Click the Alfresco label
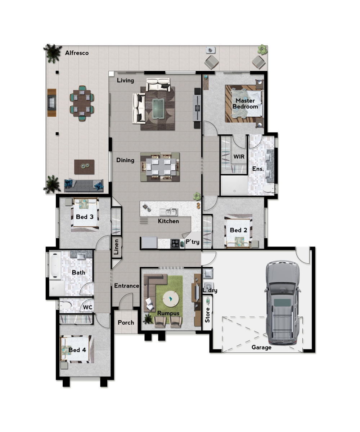click(x=77, y=53)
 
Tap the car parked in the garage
click(x=282, y=303)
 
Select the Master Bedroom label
click(x=245, y=104)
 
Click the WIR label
click(x=239, y=156)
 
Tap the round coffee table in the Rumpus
click(x=171, y=298)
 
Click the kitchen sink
click(x=168, y=212)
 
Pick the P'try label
click(x=192, y=242)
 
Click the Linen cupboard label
click(x=116, y=247)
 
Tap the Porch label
click(x=126, y=322)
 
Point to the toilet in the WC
click(x=65, y=306)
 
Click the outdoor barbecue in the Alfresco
click(x=51, y=102)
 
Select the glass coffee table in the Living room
click(x=158, y=108)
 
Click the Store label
click(x=207, y=315)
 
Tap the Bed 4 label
click(x=77, y=350)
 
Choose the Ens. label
click(x=258, y=169)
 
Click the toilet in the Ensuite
click(x=268, y=189)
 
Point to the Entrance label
click(x=127, y=286)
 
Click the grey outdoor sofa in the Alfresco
click(x=84, y=185)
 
